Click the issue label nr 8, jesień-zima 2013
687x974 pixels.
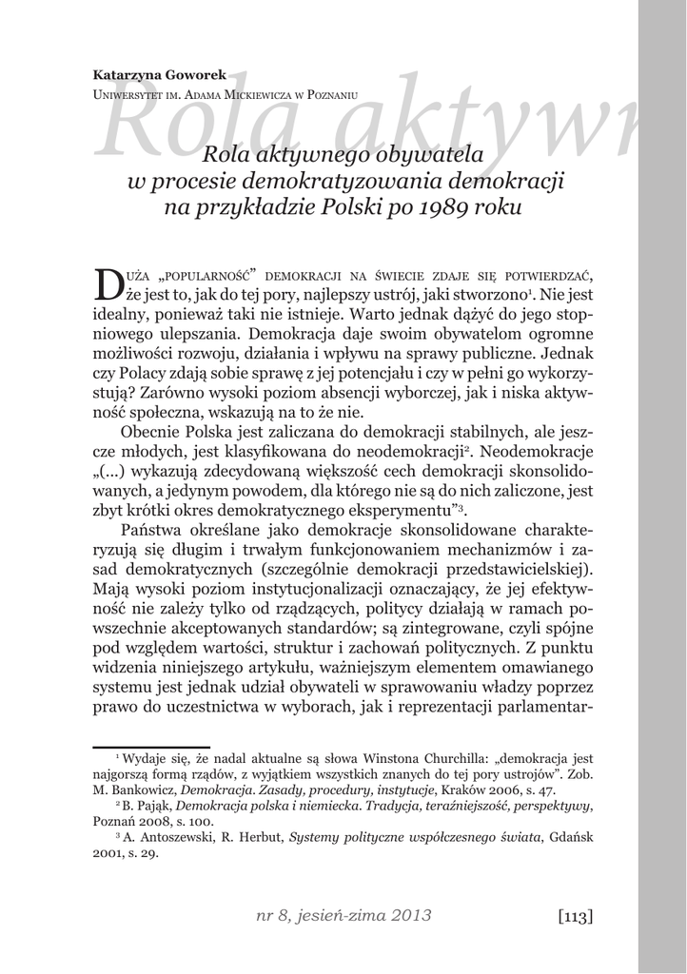coord(343,916)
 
